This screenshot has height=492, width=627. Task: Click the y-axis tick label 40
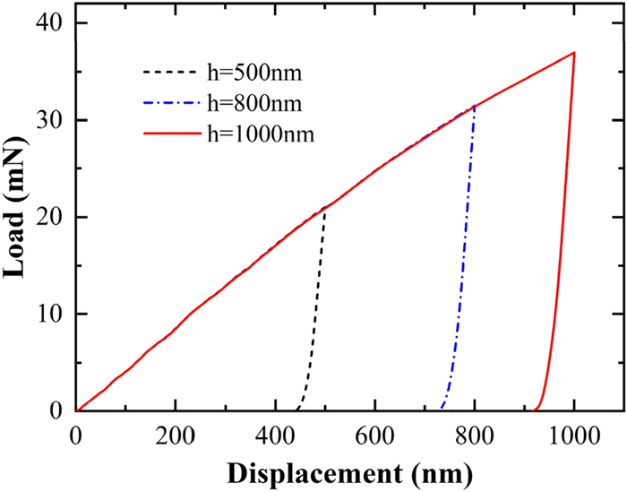[51, 23]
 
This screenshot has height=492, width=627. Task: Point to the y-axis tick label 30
[51, 120]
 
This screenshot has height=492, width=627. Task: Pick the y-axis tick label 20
[51, 217]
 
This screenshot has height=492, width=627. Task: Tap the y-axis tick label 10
[51, 314]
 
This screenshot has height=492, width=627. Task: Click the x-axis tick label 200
[176, 436]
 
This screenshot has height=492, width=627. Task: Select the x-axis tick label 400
[275, 436]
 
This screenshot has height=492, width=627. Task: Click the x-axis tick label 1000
[573, 436]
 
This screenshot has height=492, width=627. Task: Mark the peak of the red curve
[573, 52]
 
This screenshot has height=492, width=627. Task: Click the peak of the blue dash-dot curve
[474, 106]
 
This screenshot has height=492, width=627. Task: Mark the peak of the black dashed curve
[325, 209]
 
